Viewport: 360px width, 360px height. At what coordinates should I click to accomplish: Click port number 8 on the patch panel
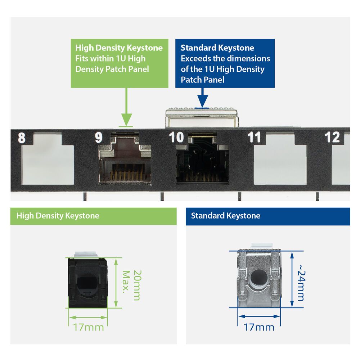pos(22,138)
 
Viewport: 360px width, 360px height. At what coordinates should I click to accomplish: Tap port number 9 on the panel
pos(99,138)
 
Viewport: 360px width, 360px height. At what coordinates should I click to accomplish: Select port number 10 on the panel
pos(176,138)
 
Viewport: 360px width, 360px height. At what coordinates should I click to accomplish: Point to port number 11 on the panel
pos(254,138)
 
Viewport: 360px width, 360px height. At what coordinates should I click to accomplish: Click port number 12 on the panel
pos(332,138)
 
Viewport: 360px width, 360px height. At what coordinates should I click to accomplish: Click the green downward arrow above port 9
pos(126,108)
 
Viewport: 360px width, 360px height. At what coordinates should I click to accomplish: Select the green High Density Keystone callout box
pos(119,63)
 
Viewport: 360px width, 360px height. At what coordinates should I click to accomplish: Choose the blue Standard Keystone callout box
pos(225,63)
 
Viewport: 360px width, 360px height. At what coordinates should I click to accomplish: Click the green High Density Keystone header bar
pos(94,216)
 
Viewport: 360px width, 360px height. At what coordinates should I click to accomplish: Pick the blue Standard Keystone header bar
pos(267,216)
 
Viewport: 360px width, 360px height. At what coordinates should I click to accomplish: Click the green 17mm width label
pos(89,327)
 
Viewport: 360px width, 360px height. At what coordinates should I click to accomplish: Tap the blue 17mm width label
pos(259,327)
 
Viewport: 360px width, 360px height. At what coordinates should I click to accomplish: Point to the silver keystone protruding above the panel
pos(202,117)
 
